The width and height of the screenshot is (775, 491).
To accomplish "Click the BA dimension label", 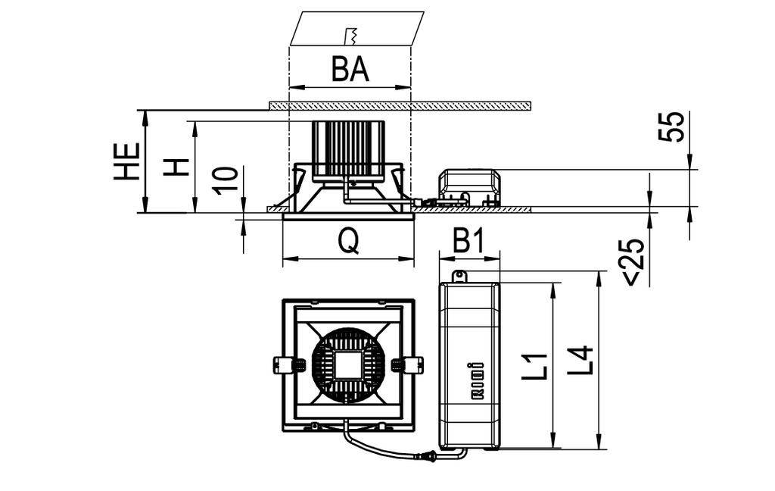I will pos(350,70).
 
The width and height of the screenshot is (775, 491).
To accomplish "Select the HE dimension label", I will pos(127,161).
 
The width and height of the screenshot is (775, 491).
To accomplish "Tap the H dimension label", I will pos(176,167).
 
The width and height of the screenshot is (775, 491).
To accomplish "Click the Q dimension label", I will pos(347,242).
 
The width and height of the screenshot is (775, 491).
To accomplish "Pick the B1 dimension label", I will pos(468,242).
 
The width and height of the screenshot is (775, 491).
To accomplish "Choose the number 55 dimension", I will pos(671,127).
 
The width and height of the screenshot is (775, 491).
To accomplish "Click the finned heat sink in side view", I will pos(348,149).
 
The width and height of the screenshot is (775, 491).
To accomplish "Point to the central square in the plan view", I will pos(348,364).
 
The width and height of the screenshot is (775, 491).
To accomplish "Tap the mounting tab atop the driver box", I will pos(459,277).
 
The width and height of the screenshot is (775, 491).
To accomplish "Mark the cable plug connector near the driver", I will pos(428,456).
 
